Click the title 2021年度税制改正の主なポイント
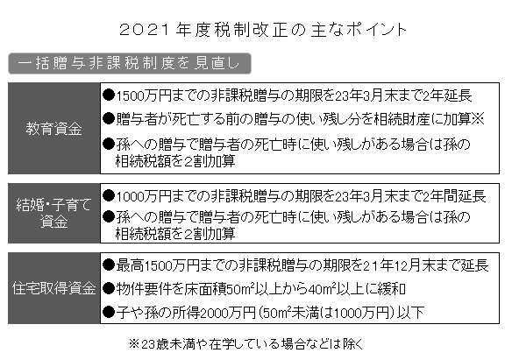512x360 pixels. click(263, 30)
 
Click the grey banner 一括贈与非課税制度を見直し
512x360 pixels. click(130, 63)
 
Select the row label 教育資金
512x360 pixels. click(53, 129)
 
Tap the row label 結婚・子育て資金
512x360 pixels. click(53, 213)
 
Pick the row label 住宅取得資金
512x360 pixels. click(53, 288)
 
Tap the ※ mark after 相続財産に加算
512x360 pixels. click(478, 119)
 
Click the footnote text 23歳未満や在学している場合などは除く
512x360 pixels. click(252, 344)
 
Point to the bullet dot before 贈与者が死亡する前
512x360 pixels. click(109, 119)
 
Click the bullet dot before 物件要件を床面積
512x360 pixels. click(109, 289)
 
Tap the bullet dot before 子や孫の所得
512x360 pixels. click(109, 313)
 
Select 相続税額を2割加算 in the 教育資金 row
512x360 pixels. click(175, 161)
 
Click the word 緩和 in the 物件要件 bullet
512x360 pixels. click(392, 289)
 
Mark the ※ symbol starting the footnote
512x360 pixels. click(134, 344)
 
